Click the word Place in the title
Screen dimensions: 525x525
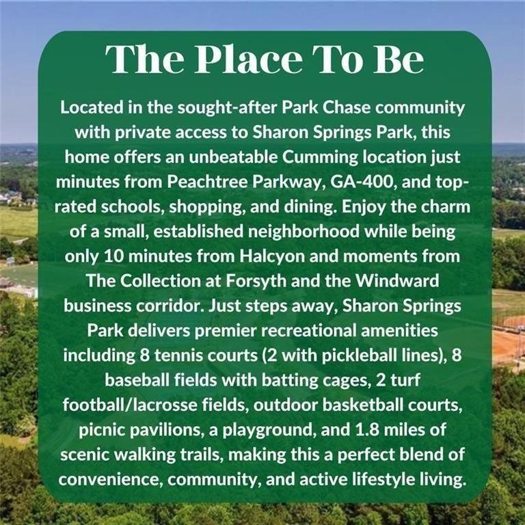[x=249, y=59]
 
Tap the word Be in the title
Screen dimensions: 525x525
[x=399, y=59]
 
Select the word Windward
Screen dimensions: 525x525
[x=397, y=280]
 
